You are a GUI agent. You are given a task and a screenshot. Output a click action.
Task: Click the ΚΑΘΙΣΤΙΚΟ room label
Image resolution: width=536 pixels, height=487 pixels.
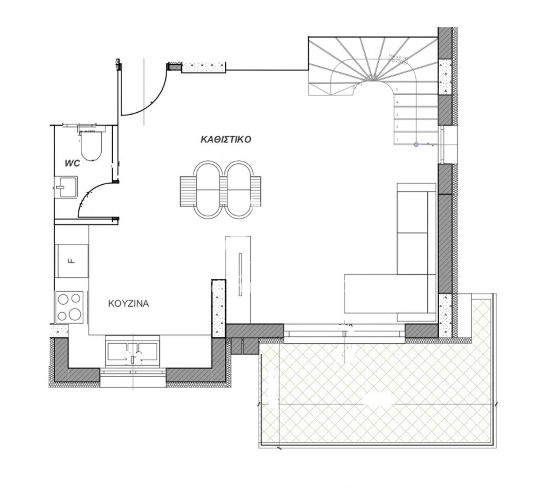pos(226,139)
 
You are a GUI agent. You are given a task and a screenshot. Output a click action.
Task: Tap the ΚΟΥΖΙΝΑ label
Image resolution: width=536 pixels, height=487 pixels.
pos(128,303)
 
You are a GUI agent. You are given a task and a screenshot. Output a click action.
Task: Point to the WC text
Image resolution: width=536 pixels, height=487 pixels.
pos(72,163)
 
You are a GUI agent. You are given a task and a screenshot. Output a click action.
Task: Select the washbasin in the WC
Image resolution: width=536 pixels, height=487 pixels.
pos(66,187)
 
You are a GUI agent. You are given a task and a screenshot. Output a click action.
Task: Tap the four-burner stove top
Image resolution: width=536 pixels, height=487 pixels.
pos(70,307)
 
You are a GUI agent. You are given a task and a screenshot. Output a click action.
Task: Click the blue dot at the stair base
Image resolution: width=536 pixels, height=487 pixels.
pos(416,144)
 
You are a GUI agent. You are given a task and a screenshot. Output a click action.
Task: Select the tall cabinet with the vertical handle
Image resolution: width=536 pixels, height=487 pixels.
pos(238,279)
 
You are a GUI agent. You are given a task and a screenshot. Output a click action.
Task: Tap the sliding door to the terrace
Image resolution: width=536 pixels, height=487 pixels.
pos(344,333)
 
